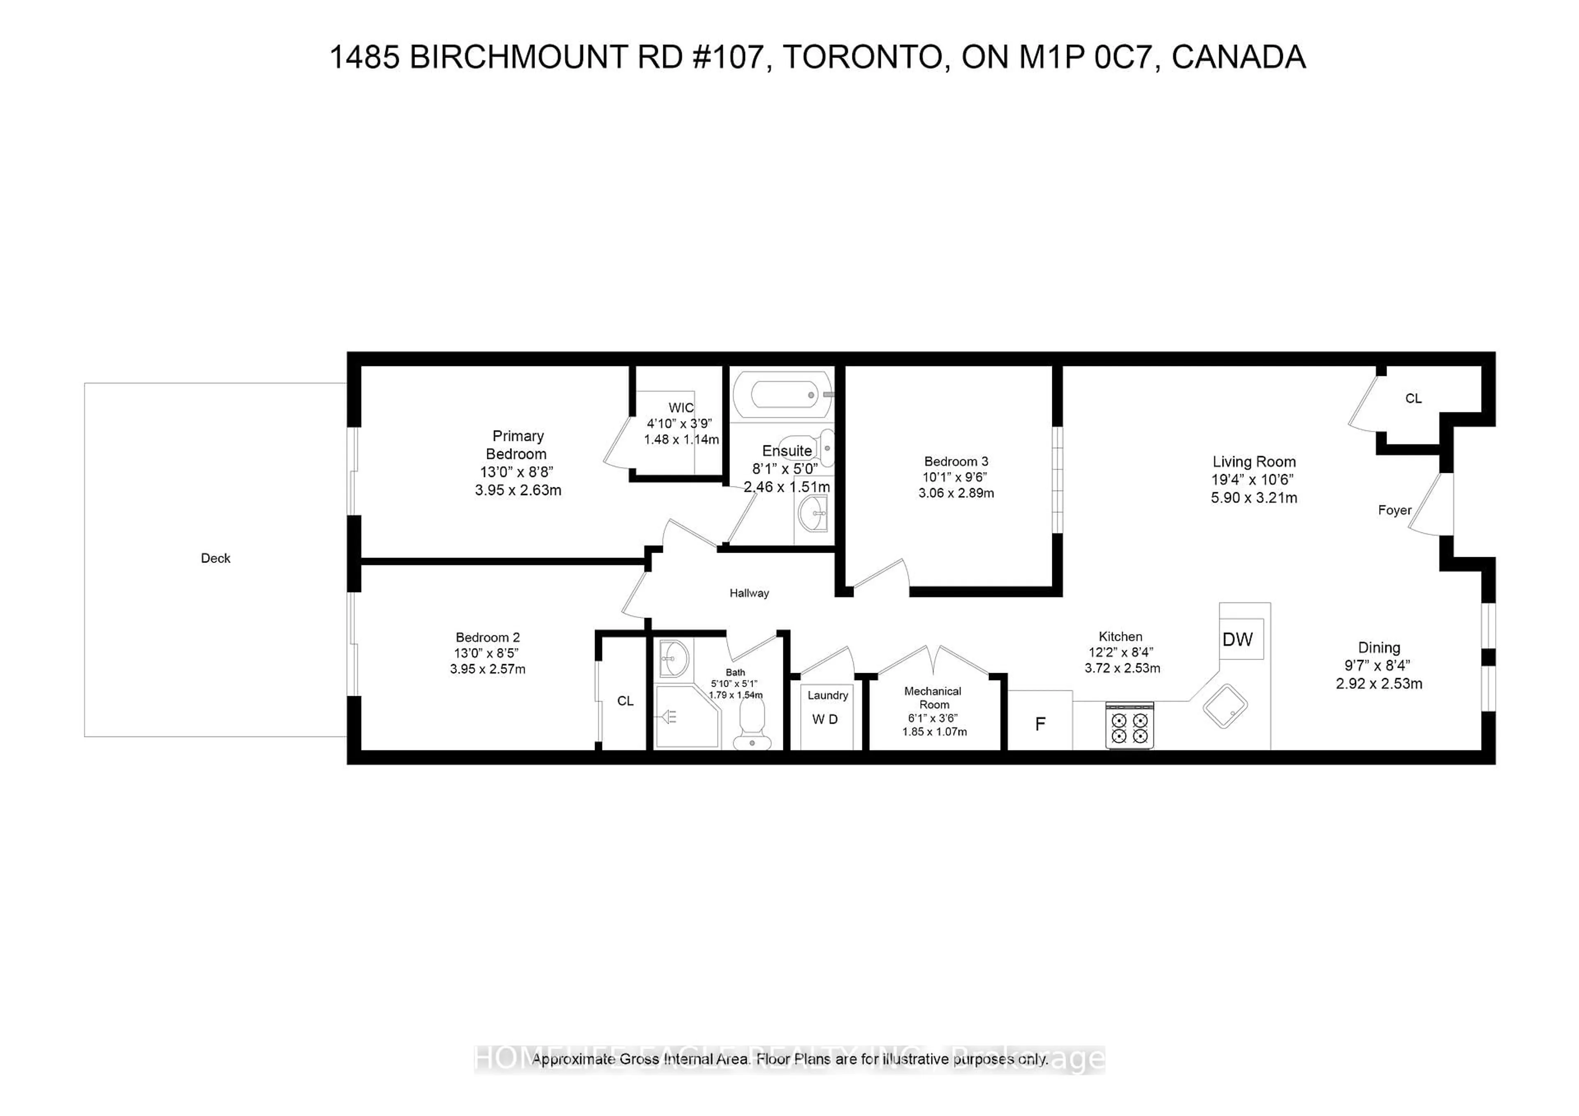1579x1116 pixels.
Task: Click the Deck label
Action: pyautogui.click(x=215, y=558)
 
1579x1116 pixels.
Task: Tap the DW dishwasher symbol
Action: pyautogui.click(x=1237, y=639)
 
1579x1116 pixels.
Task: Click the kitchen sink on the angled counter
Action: pyautogui.click(x=1225, y=706)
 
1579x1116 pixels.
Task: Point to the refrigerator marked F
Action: pyautogui.click(x=1040, y=723)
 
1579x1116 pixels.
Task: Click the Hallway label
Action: pyautogui.click(x=749, y=593)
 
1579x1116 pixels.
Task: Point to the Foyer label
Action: pyautogui.click(x=1394, y=510)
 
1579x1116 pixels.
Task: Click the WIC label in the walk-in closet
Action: pyautogui.click(x=681, y=408)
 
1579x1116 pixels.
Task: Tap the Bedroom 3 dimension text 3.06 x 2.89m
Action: pyautogui.click(x=956, y=493)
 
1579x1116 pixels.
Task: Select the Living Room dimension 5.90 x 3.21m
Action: pyautogui.click(x=1254, y=498)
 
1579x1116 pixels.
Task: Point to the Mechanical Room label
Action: pyautogui.click(x=933, y=697)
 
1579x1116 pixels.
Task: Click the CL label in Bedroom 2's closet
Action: pyautogui.click(x=625, y=701)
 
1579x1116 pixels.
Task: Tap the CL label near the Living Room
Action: pyautogui.click(x=1413, y=399)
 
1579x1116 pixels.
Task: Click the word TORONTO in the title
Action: pyautogui.click(x=862, y=57)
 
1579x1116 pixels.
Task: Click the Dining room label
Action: pyautogui.click(x=1379, y=648)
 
